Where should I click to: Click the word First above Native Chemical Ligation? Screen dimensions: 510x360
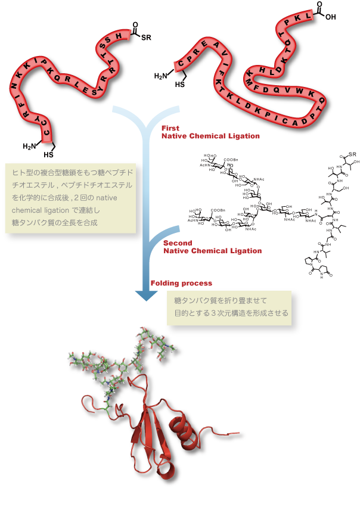pos(170,128)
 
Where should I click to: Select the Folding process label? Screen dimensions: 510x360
pos(181,283)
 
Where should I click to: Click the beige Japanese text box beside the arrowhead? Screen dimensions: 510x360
pos(229,307)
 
